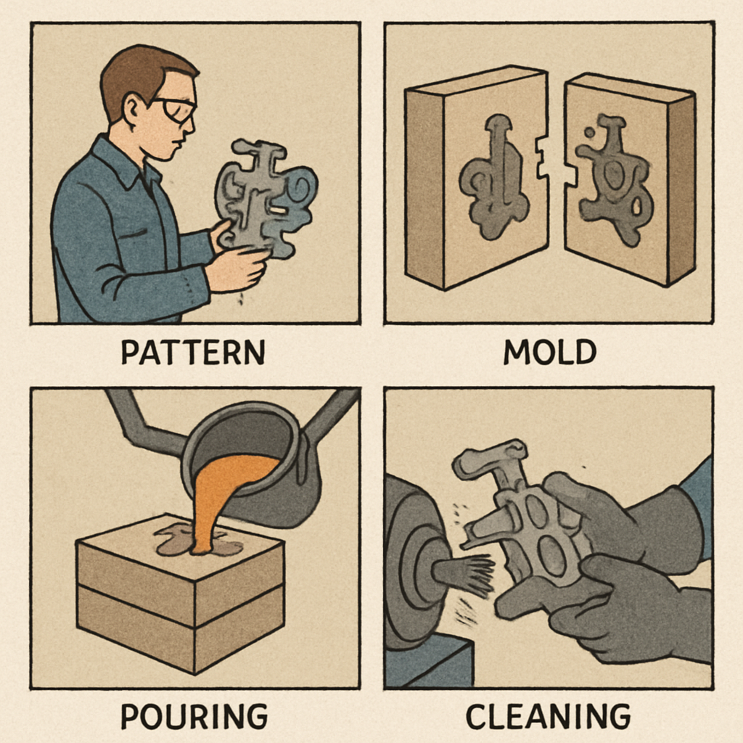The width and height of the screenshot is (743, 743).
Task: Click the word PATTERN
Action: (193, 352)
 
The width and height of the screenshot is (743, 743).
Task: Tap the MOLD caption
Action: (550, 352)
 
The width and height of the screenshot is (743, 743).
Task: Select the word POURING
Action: (194, 716)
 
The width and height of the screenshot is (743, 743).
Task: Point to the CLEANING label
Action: (549, 716)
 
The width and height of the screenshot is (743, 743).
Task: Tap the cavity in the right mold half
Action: (615, 180)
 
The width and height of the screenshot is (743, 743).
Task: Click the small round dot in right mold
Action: (589, 133)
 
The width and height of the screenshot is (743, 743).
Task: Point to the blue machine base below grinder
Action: (428, 661)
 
